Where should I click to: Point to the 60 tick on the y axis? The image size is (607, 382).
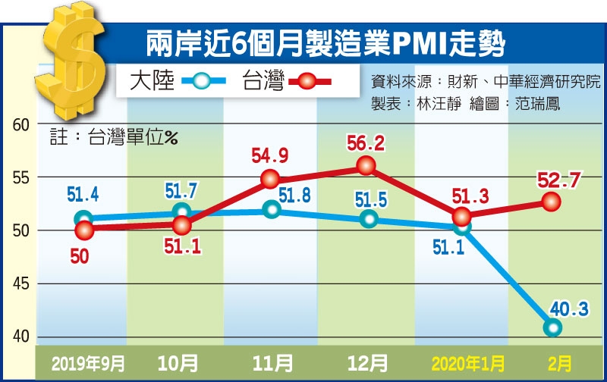22,124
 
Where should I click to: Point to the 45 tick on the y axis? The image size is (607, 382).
22,284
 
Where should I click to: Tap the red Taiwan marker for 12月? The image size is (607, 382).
366,165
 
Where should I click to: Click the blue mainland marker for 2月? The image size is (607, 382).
552,327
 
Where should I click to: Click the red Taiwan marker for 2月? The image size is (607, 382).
552,202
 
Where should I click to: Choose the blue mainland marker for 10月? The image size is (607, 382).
181,211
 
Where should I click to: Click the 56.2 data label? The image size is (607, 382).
366,142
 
